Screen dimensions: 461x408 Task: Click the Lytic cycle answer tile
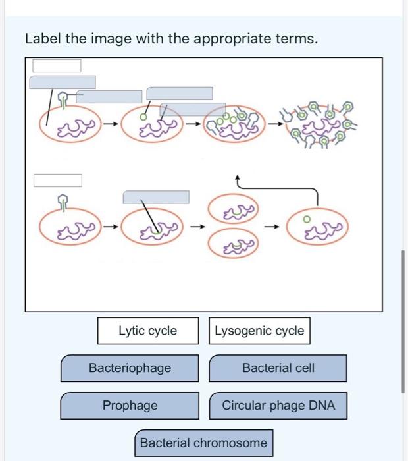click(x=147, y=331)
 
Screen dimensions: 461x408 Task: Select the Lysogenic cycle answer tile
click(x=260, y=331)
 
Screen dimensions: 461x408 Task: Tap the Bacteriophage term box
click(x=130, y=368)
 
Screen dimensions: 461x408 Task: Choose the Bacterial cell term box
click(x=278, y=368)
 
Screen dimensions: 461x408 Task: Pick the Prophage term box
click(x=130, y=406)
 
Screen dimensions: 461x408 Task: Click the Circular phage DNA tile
click(x=278, y=406)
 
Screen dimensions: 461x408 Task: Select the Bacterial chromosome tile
click(x=203, y=443)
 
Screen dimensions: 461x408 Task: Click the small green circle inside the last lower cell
click(x=305, y=219)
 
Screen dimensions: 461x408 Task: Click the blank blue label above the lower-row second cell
click(x=156, y=197)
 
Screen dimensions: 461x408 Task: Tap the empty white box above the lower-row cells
click(x=58, y=180)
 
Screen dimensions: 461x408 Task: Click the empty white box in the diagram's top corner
click(x=57, y=65)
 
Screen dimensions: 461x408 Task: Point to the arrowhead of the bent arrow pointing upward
click(x=237, y=178)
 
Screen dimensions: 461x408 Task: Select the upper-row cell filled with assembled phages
click(x=234, y=122)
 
